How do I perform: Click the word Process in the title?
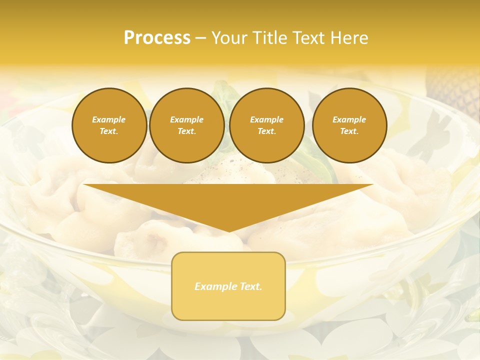pyautogui.click(x=157, y=38)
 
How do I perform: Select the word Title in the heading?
pyautogui.click(x=272, y=38)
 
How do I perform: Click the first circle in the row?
pyautogui.click(x=109, y=125)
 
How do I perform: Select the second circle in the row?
pyautogui.click(x=187, y=125)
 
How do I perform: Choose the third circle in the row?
pyautogui.click(x=267, y=125)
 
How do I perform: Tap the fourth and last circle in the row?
pyautogui.click(x=349, y=125)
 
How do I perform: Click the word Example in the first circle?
pyautogui.click(x=109, y=119)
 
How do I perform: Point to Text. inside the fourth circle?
pyautogui.click(x=349, y=131)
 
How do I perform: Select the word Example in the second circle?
pyautogui.click(x=187, y=119)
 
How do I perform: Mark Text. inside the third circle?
pyautogui.click(x=267, y=131)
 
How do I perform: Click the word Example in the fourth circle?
pyautogui.click(x=349, y=119)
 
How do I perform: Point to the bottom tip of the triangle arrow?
pyautogui.click(x=228, y=231)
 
